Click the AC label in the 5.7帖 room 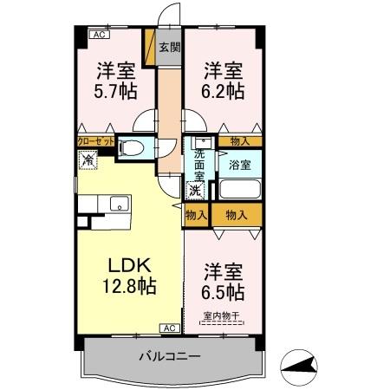98,35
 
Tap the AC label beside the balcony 169,328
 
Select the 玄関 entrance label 170,48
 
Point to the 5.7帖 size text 114,88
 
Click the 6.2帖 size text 222,88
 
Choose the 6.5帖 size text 224,289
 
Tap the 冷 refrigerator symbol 88,159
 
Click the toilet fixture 133,148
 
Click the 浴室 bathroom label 238,162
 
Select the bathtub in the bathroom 240,190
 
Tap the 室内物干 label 224,315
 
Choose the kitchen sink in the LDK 117,205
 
